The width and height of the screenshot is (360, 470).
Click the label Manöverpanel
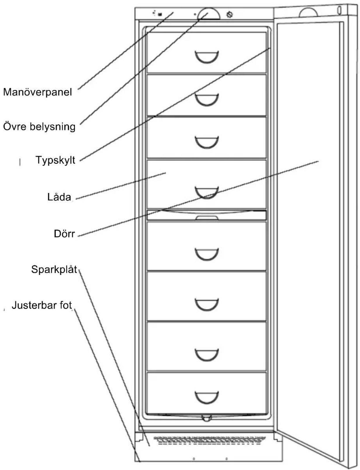pos(37,92)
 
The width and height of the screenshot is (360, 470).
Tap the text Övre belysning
pos(39,127)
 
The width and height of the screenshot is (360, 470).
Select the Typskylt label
pos(56,160)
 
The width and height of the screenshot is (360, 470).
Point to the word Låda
pos(59,197)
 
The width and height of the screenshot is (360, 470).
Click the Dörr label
pos(64,234)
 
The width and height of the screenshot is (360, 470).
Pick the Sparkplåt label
pos(54,270)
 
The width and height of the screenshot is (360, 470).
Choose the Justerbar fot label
pos(42,305)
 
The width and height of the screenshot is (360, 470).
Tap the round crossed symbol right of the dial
pos(230,15)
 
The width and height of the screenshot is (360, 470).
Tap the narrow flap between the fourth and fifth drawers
pos(207,215)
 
